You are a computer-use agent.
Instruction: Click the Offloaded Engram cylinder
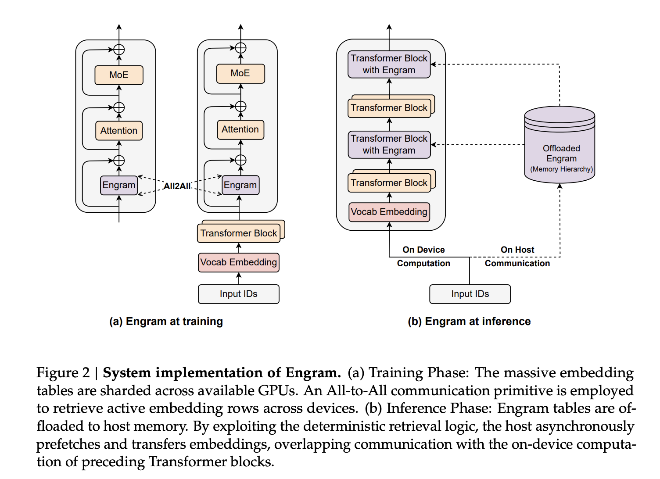(560, 145)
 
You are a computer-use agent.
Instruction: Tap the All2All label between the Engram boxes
(177, 186)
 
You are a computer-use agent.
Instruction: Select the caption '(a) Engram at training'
(166, 322)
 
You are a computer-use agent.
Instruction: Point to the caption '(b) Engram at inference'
(469, 322)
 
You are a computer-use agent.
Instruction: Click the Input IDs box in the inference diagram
(470, 294)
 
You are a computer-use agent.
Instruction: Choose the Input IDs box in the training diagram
(238, 294)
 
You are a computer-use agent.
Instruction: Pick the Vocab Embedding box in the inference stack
(389, 212)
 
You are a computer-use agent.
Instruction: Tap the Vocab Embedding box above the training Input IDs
(238, 262)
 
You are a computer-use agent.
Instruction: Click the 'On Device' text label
(423, 250)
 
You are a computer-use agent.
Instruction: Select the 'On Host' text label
(517, 250)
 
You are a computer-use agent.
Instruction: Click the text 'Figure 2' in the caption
(63, 373)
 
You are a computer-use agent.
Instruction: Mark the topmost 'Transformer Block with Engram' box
(389, 64)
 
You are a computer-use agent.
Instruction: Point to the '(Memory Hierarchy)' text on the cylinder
(561, 169)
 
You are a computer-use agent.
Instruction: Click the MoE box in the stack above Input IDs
(240, 73)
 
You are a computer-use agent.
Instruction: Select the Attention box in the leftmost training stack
(118, 131)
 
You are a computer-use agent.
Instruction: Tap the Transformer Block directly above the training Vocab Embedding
(238, 233)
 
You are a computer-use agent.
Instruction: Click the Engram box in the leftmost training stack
(118, 185)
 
